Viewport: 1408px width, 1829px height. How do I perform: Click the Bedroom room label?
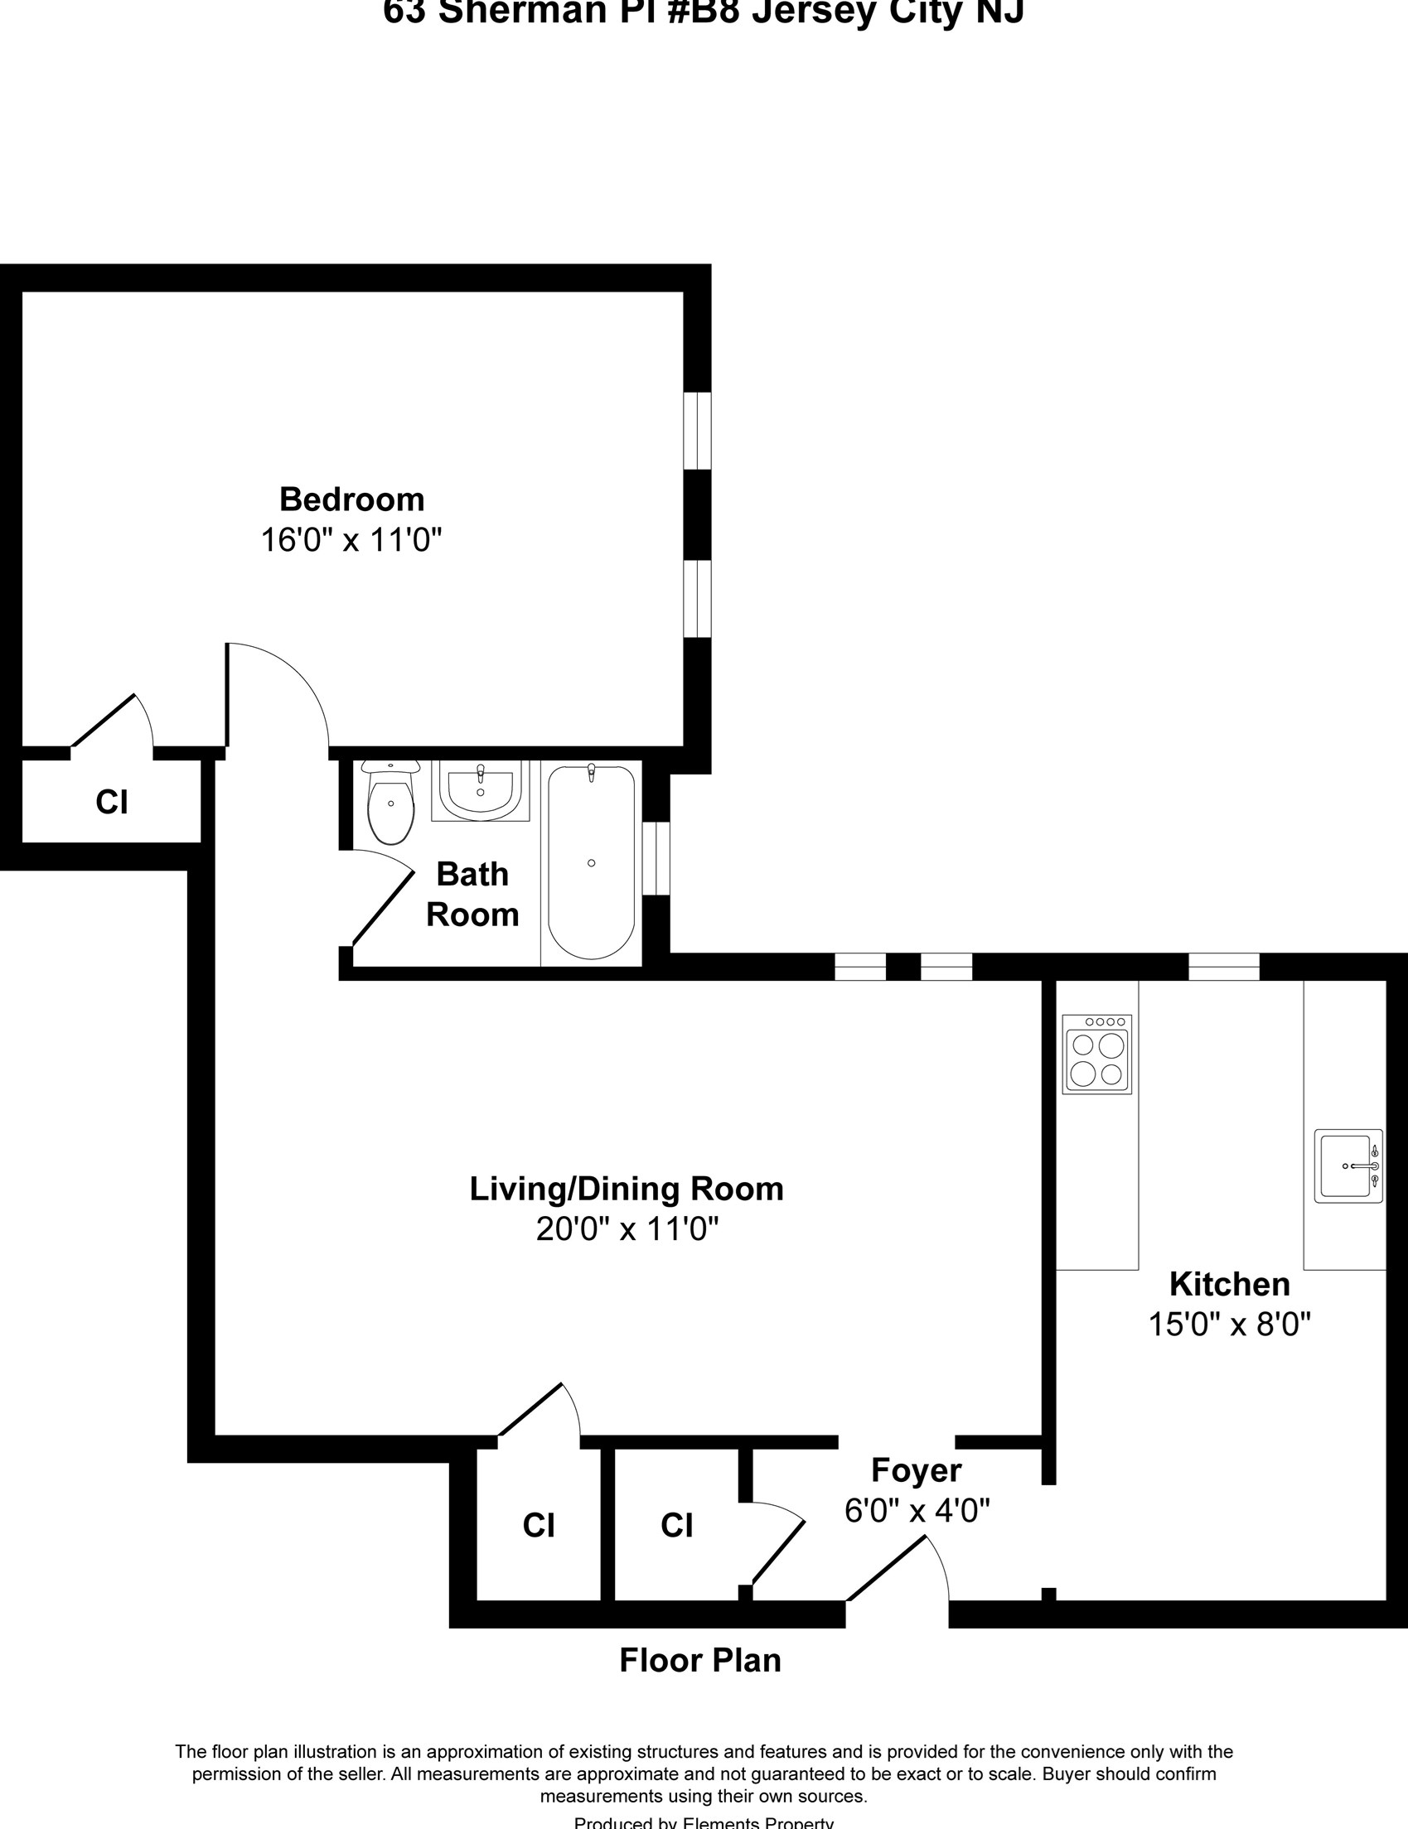[x=351, y=499]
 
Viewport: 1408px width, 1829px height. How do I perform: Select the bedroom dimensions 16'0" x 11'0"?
[x=351, y=540]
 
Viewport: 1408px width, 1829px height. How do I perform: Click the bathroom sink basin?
[x=480, y=789]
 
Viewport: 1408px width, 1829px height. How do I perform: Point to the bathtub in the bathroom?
[x=591, y=861]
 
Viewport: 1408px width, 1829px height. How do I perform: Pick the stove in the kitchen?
[x=1096, y=1054]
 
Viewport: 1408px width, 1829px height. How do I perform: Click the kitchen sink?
[x=1348, y=1166]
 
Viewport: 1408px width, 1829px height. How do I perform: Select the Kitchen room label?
[x=1229, y=1284]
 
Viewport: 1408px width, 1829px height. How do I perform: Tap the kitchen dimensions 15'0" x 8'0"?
[x=1229, y=1325]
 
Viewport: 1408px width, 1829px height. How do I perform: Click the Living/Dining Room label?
[x=626, y=1189]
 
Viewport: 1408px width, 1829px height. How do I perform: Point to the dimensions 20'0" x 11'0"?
[x=627, y=1229]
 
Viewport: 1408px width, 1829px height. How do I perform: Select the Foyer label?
[x=916, y=1469]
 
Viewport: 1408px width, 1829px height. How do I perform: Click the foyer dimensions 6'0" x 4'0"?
[x=917, y=1511]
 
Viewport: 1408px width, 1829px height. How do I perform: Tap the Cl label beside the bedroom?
[x=111, y=803]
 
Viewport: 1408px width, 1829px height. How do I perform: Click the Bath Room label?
[x=472, y=894]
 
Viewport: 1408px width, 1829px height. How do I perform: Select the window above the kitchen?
[x=1223, y=967]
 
